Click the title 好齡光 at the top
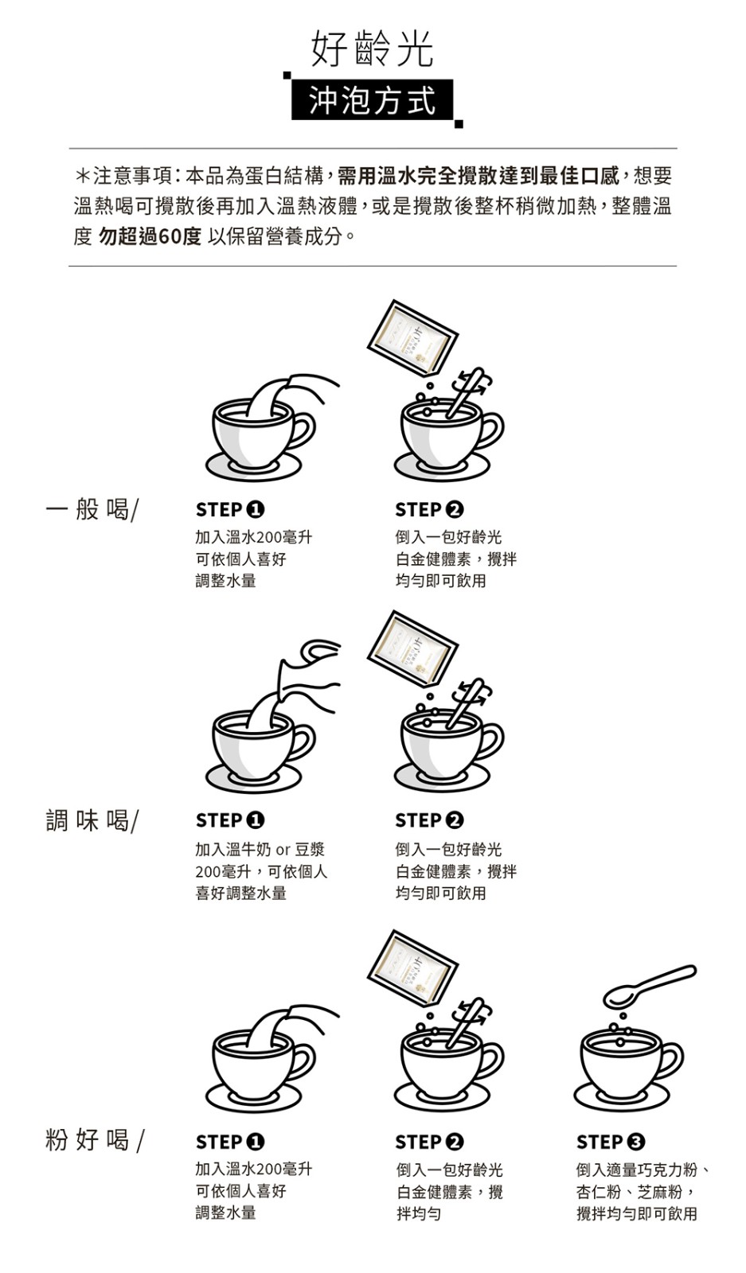point(372,49)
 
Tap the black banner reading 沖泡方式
point(372,101)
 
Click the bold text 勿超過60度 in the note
point(149,237)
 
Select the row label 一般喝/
point(92,508)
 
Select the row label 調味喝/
point(92,819)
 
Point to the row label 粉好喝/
point(94,1139)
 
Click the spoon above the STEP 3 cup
point(648,987)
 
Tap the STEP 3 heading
point(610,1142)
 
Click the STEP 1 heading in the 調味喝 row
point(230,819)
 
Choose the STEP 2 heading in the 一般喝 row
point(429,509)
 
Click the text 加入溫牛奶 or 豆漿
point(260,849)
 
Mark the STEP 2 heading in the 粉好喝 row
point(429,1142)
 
